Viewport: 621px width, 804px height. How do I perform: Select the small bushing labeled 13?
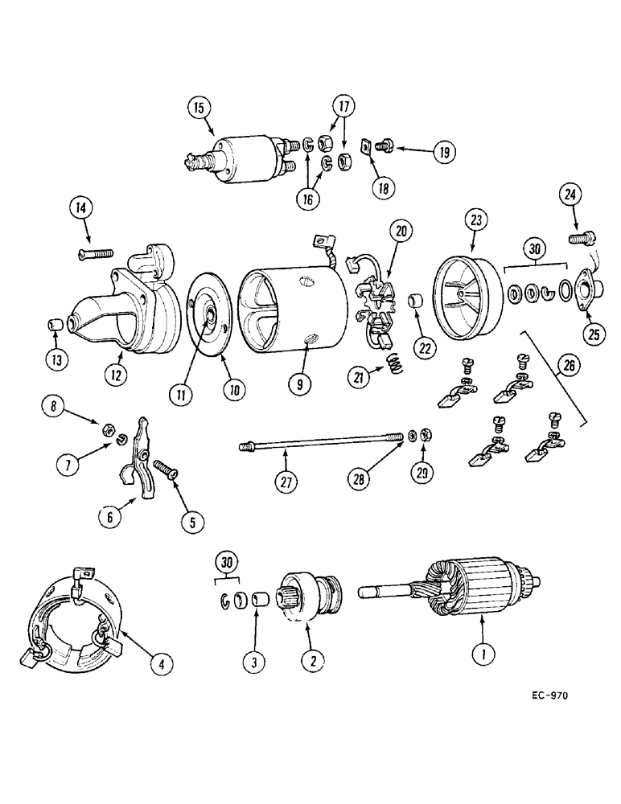click(x=55, y=326)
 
